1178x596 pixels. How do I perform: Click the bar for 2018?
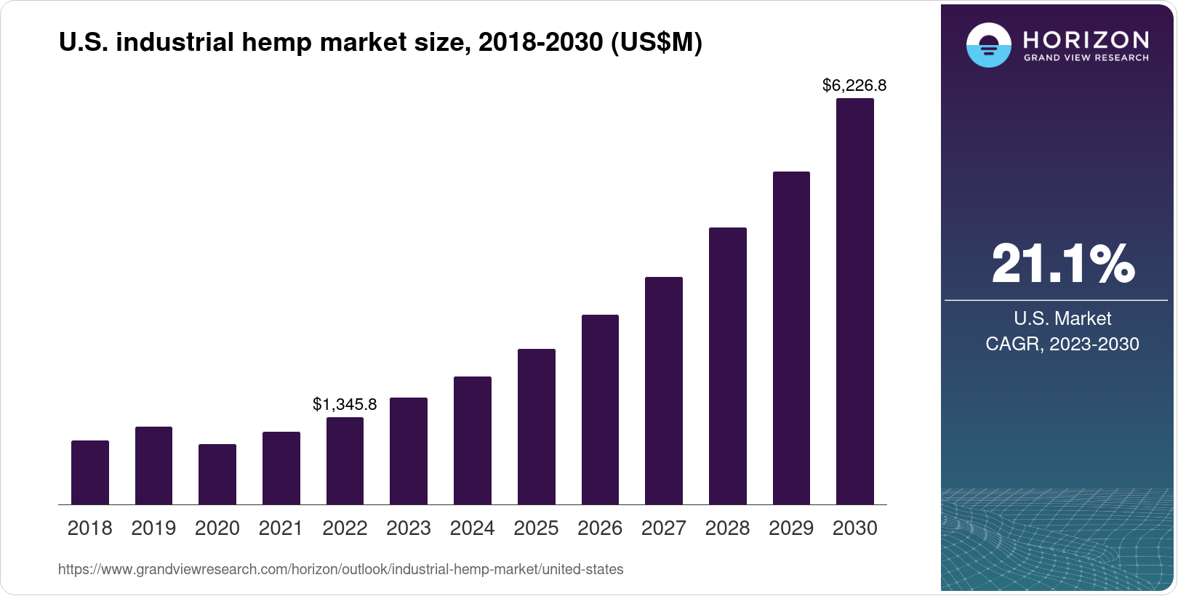90,472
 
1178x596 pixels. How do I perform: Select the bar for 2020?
217,474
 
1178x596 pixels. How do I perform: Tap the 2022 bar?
345,461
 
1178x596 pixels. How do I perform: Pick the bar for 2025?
536,427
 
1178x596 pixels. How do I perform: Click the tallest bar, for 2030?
854,302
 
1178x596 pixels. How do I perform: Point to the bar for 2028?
727,366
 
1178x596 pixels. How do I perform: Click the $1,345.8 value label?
345,404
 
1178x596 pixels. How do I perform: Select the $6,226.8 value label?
854,86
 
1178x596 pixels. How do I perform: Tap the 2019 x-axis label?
153,528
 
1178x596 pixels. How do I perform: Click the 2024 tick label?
472,528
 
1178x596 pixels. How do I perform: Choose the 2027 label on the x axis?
663,528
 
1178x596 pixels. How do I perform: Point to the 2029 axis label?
791,528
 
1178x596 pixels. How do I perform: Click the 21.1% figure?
1062,264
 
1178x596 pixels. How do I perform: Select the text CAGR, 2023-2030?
1062,344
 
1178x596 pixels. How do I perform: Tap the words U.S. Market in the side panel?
1062,318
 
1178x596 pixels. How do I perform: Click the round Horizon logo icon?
988,45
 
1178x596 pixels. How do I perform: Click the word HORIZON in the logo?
1086,39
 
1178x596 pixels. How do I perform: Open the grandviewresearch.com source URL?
340,569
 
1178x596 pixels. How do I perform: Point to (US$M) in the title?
656,42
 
